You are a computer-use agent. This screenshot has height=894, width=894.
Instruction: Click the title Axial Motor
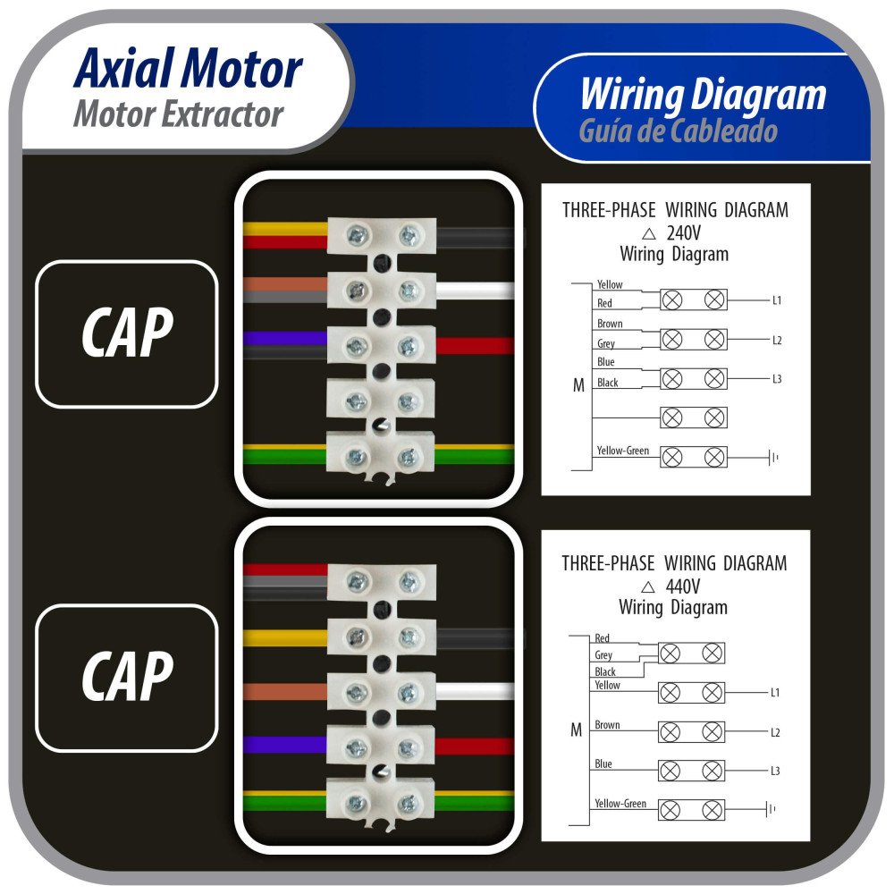pyautogui.click(x=188, y=70)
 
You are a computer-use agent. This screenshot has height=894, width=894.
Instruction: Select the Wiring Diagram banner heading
pyautogui.click(x=703, y=95)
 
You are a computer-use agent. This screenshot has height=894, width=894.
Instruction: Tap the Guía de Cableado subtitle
pyautogui.click(x=678, y=132)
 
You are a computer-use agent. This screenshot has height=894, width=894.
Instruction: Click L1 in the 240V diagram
pyautogui.click(x=777, y=300)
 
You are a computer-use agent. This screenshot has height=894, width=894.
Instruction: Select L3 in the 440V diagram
pyautogui.click(x=775, y=771)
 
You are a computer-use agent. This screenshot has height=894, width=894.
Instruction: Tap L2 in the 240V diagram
pyautogui.click(x=777, y=341)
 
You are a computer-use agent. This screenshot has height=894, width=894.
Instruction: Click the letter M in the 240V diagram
pyautogui.click(x=578, y=386)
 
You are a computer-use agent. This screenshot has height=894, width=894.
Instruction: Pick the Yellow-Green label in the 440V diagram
pyautogui.click(x=620, y=804)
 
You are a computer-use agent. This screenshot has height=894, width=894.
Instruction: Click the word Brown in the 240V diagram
pyautogui.click(x=610, y=324)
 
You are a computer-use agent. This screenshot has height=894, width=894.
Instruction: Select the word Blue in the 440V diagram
pyautogui.click(x=603, y=764)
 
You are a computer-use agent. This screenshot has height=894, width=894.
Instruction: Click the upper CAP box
pyautogui.click(x=126, y=333)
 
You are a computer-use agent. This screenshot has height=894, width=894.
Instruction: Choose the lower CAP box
pyautogui.click(x=126, y=678)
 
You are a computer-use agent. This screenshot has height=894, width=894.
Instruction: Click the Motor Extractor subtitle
pyautogui.click(x=178, y=114)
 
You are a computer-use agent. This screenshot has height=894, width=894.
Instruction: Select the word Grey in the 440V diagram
pyautogui.click(x=603, y=655)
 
